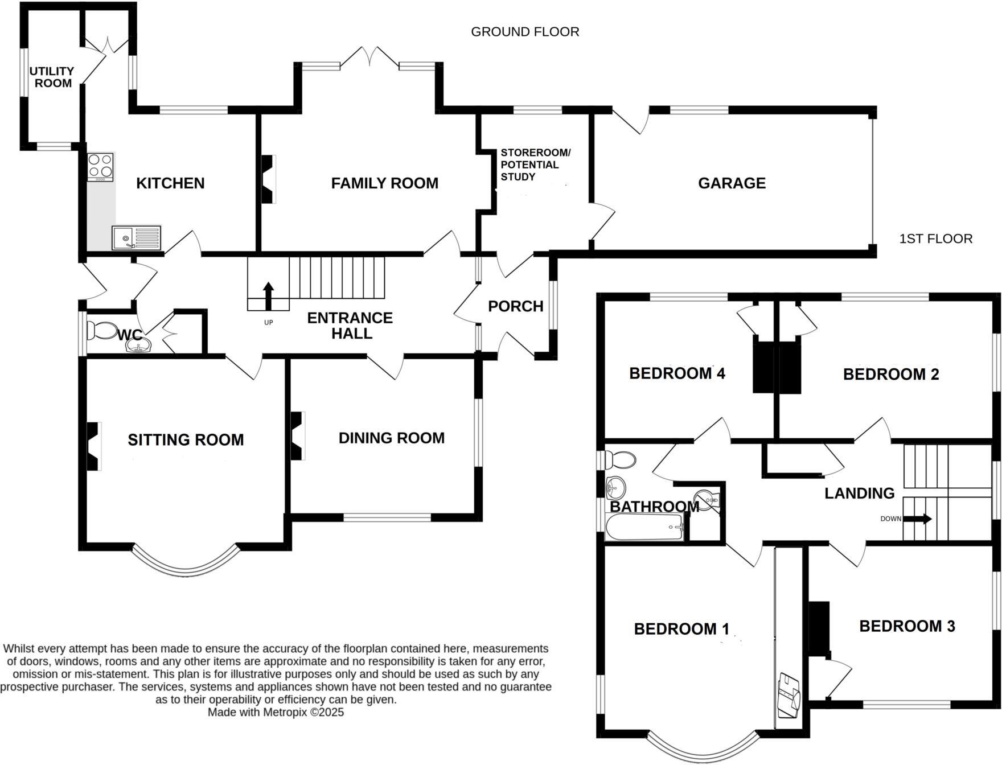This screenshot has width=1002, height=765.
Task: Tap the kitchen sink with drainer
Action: (x=137, y=238)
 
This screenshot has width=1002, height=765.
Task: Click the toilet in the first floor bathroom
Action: (x=620, y=459)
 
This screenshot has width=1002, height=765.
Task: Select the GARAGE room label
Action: (x=732, y=183)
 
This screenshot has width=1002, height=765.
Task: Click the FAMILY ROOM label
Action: (x=385, y=183)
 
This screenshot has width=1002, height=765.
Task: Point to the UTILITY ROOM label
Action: (x=52, y=77)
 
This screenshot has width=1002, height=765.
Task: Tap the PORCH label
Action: (x=515, y=306)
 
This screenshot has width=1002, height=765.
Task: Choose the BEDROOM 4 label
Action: (x=677, y=373)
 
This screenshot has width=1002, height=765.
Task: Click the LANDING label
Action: (x=859, y=493)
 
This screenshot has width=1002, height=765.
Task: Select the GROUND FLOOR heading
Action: (x=525, y=32)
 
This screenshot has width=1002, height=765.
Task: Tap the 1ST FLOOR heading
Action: (x=935, y=238)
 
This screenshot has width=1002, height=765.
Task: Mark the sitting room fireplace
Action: (x=93, y=446)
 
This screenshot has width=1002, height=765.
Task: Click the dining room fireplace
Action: (x=298, y=436)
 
